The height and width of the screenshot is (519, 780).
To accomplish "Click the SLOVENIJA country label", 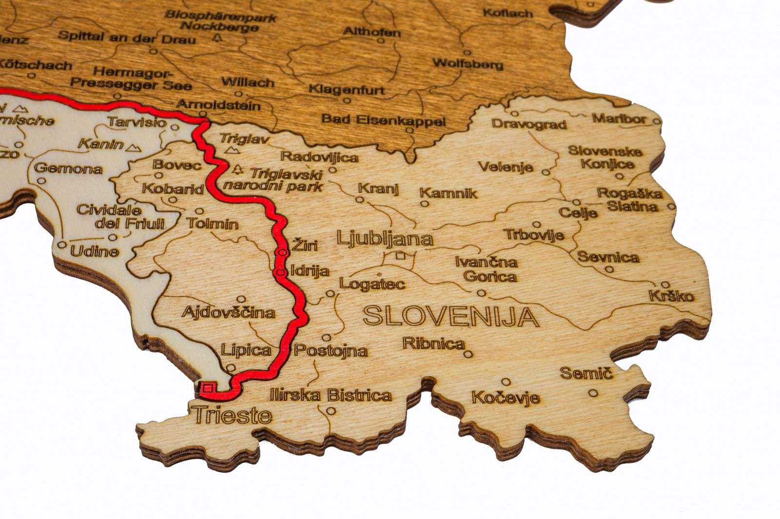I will [x=451, y=317].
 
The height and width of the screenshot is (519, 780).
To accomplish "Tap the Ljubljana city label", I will [x=385, y=239].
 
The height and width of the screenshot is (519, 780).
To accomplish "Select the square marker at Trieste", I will [x=208, y=388].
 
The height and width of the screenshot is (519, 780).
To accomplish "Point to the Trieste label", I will [x=233, y=415].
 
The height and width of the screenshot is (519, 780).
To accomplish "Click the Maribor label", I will [x=619, y=118].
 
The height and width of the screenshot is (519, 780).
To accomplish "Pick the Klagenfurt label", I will [x=347, y=89].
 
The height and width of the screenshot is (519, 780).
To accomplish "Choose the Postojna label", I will [x=331, y=350].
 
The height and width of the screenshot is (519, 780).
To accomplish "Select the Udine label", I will [x=95, y=251].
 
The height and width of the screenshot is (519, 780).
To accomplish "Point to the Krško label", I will [x=671, y=296].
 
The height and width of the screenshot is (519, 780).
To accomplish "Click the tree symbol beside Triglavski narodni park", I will [x=238, y=170].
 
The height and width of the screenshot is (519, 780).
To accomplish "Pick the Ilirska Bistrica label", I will [x=331, y=395].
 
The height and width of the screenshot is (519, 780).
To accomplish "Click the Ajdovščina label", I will [x=228, y=312].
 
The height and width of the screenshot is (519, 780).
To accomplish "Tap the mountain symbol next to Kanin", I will [x=134, y=146].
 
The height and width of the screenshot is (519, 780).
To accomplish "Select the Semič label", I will [x=585, y=374].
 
